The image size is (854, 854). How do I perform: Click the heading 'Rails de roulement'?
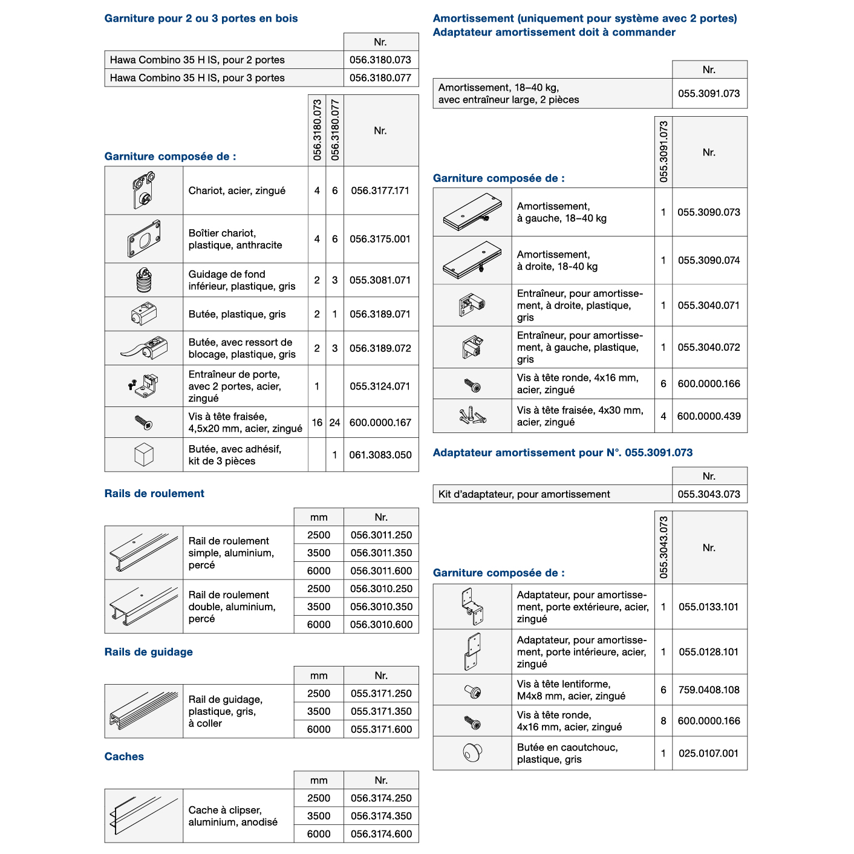tap(154, 494)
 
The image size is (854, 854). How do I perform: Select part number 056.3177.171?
tap(380, 191)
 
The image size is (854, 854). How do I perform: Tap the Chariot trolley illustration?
tap(144, 190)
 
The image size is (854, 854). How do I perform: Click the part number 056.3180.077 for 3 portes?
tap(380, 78)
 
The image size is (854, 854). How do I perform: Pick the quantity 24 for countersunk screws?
tap(334, 423)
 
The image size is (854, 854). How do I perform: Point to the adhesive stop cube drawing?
tap(144, 455)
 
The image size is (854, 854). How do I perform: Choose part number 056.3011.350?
tap(381, 553)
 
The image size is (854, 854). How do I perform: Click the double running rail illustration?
tap(144, 607)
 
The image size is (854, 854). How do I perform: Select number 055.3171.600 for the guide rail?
tap(381, 729)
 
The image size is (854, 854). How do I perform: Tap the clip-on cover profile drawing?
tap(137, 815)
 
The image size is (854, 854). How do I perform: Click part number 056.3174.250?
tap(381, 798)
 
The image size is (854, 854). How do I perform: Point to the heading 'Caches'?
tap(124, 757)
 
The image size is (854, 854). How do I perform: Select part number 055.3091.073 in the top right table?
tap(709, 94)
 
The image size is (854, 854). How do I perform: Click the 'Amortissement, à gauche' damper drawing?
tap(472, 212)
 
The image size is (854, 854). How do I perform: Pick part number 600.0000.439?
tap(709, 416)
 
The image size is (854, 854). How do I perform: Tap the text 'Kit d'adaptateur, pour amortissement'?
tap(524, 494)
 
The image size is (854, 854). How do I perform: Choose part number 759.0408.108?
tap(709, 690)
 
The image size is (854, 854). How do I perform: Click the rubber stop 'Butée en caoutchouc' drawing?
tap(472, 752)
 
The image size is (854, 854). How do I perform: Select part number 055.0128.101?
tap(709, 652)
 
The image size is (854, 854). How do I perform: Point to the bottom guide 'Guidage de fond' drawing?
tap(144, 279)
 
